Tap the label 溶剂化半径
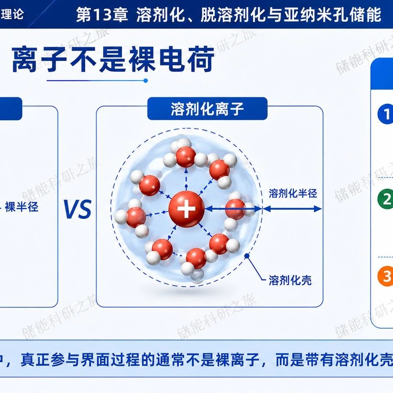click(293, 193)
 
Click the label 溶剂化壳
click(290, 280)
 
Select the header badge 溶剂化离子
click(207, 109)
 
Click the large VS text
click(77, 209)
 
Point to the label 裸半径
click(22, 207)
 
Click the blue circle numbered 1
click(385, 114)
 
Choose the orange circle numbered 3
click(385, 276)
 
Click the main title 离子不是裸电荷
click(113, 60)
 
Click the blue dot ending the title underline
click(145, 81)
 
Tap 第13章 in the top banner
click(102, 15)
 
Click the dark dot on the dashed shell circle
click(247, 256)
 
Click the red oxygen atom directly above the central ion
click(186, 157)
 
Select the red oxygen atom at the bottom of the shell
click(196, 259)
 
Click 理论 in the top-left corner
click(12, 13)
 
